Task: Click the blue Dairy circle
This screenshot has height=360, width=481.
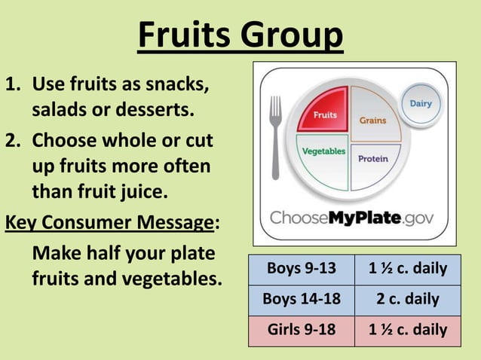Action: pyautogui.click(x=420, y=104)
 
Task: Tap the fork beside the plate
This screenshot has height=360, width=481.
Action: pyautogui.click(x=275, y=136)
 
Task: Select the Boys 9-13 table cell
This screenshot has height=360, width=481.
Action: pyautogui.click(x=300, y=269)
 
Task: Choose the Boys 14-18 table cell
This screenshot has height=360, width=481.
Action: pyautogui.click(x=300, y=299)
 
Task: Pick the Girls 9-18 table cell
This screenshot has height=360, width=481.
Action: pyautogui.click(x=300, y=330)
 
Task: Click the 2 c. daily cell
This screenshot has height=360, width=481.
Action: pyautogui.click(x=407, y=299)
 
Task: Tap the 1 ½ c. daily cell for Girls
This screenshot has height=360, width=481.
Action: pyautogui.click(x=407, y=330)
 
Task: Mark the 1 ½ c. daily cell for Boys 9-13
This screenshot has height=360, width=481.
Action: pyautogui.click(x=407, y=269)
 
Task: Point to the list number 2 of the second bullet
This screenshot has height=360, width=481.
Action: pyautogui.click(x=12, y=141)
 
